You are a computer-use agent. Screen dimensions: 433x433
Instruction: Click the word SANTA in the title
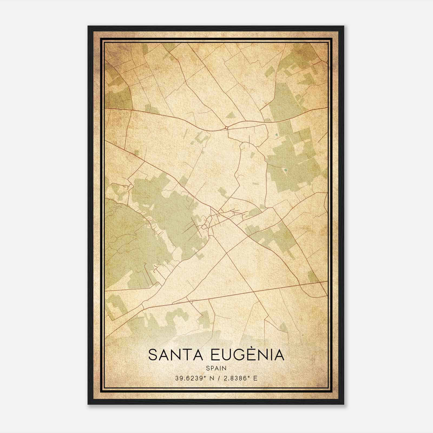(176, 355)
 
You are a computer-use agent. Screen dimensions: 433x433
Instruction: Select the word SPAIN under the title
(216, 368)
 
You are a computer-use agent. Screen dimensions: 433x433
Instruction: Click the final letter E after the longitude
(255, 378)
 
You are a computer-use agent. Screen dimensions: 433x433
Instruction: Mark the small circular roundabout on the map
(226, 127)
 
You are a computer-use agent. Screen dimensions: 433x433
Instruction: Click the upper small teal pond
(276, 135)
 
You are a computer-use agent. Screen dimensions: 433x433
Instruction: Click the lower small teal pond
(286, 170)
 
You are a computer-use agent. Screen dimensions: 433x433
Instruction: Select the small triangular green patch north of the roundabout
(230, 115)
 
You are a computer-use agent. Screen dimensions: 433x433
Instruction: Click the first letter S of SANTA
(152, 355)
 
